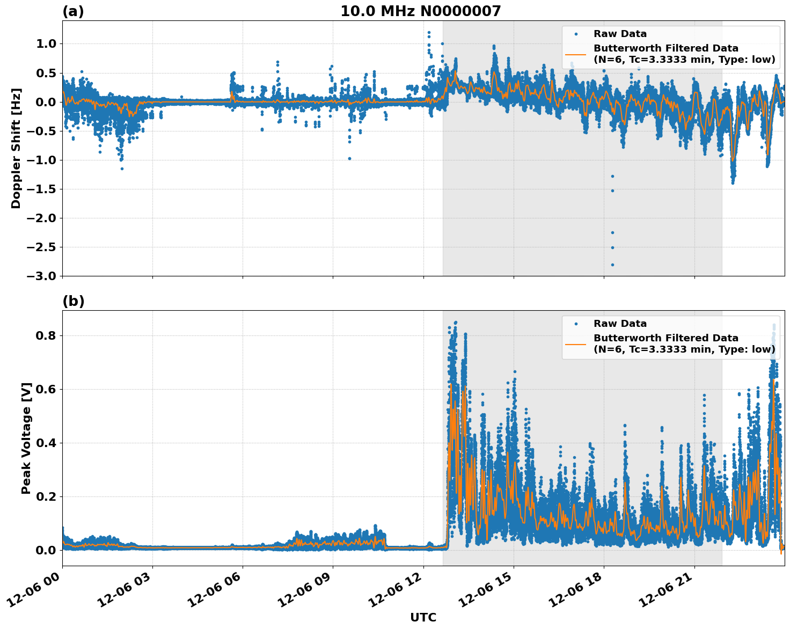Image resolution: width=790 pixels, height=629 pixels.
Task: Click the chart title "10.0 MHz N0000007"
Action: (x=420, y=11)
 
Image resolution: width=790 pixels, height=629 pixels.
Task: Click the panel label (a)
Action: (x=73, y=11)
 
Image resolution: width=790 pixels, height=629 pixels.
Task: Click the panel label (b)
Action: (x=73, y=301)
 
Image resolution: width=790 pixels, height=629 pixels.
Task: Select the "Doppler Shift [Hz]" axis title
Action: (x=16, y=148)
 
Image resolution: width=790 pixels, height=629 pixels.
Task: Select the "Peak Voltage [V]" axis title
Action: (x=26, y=438)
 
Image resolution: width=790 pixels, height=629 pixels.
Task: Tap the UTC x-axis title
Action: (x=423, y=617)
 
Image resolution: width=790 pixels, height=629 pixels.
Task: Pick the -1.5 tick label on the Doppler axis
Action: (x=44, y=189)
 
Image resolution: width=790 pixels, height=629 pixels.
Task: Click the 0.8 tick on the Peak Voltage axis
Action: (x=49, y=335)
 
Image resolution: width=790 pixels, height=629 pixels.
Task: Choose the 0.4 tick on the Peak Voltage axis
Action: (x=49, y=443)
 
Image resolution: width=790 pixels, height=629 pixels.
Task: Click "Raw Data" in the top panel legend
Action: (x=620, y=34)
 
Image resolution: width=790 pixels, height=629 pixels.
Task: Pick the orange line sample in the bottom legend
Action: (x=576, y=344)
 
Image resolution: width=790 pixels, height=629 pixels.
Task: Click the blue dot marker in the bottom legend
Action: (x=576, y=324)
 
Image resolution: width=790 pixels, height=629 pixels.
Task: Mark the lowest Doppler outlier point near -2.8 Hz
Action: (x=612, y=265)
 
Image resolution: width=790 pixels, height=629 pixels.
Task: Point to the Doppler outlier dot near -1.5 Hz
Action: (x=612, y=191)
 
